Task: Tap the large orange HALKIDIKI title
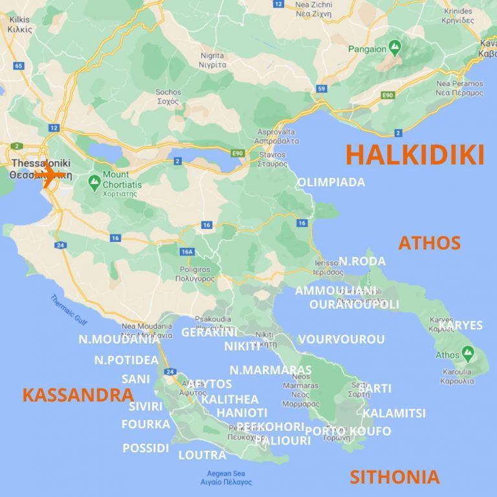415,155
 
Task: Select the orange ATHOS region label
429,243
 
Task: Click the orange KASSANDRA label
78,395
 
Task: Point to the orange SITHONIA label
394,478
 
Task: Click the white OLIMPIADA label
331,182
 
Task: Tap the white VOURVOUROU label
341,339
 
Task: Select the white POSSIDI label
146,448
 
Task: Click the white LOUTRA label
202,455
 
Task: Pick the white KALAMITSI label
393,413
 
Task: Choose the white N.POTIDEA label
126,360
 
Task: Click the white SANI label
135,379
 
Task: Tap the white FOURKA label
146,425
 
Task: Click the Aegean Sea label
226,478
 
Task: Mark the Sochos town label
168,96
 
